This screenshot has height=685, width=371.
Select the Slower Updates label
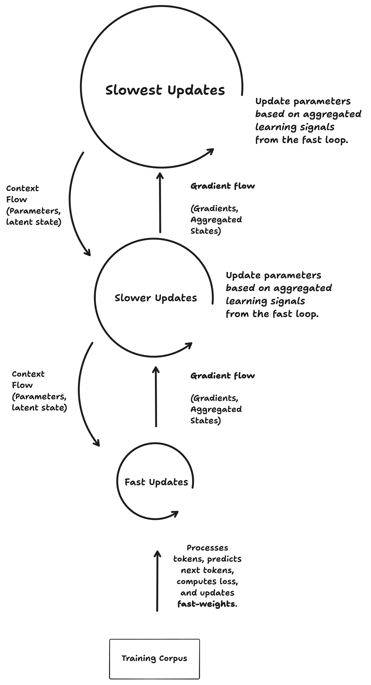tap(156, 298)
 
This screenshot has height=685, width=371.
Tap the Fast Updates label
tap(156, 482)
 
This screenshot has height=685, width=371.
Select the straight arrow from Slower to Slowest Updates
tap(160, 203)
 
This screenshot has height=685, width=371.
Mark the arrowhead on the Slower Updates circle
tap(189, 345)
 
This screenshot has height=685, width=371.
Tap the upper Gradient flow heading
tap(223, 186)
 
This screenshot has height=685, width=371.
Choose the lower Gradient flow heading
tap(223, 375)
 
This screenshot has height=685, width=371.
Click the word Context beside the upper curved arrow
tap(23, 189)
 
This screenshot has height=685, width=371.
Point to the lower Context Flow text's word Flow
tap(22, 385)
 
